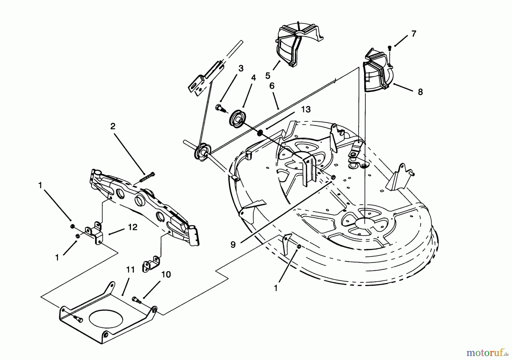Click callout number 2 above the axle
point(113,126)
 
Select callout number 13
point(305,110)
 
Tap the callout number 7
point(414,34)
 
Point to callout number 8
point(420,92)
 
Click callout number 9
point(233,245)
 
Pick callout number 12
point(133,227)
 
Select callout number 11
point(130,270)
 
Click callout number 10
point(166,275)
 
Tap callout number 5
point(267,76)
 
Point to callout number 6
point(272,86)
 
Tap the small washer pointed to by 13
point(260,133)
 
